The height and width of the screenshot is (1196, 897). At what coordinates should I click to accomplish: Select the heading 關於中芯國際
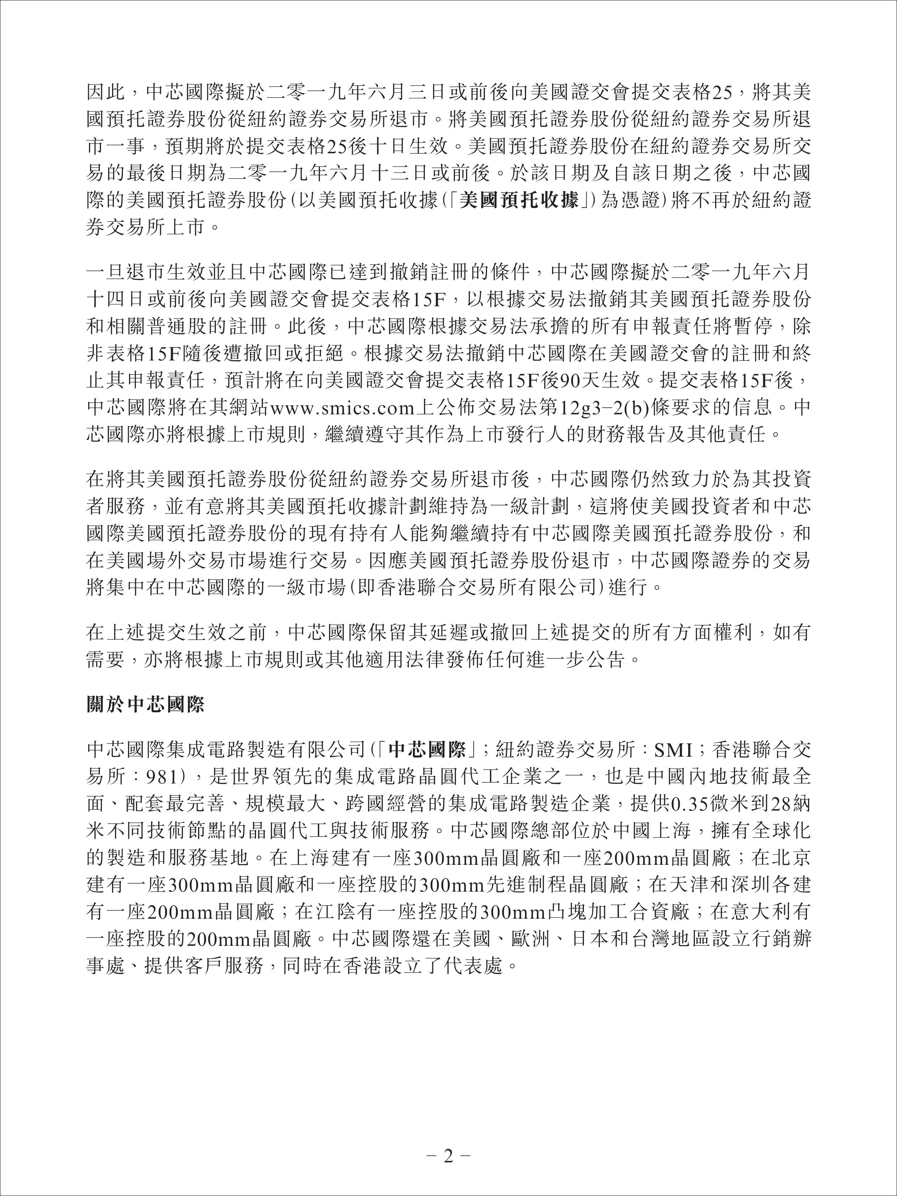145,705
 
